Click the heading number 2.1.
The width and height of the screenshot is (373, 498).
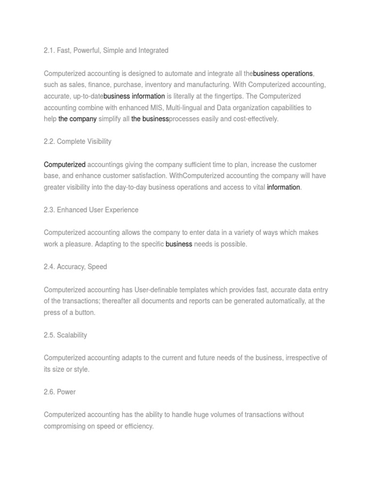point(49,51)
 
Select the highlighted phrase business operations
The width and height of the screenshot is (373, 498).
point(283,73)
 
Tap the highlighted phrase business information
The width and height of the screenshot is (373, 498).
point(135,96)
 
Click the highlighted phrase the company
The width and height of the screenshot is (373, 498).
point(77,119)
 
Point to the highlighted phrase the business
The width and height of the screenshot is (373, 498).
point(150,119)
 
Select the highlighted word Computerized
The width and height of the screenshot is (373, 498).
point(65,164)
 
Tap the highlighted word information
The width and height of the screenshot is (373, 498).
point(284,187)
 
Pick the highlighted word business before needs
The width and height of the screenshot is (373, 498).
point(179,244)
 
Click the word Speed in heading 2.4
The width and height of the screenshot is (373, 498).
point(97,267)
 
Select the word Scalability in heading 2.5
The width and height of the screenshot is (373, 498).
point(73,336)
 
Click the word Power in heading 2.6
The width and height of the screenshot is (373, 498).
point(66,392)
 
